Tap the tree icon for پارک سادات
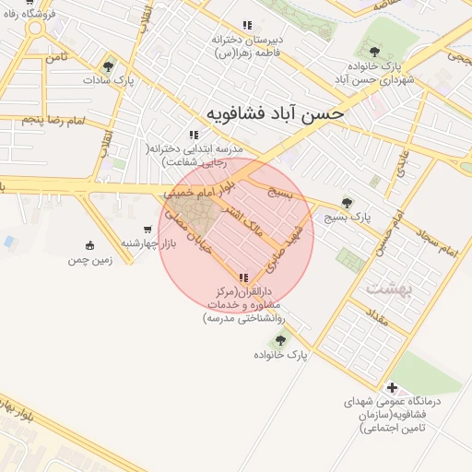tap(110, 65)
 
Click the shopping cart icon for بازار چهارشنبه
tap(147, 230)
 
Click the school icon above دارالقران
tap(242, 277)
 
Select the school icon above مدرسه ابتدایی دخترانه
tap(193, 135)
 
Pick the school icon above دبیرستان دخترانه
tap(245, 25)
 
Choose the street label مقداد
tap(377, 322)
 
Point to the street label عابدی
tap(397, 168)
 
